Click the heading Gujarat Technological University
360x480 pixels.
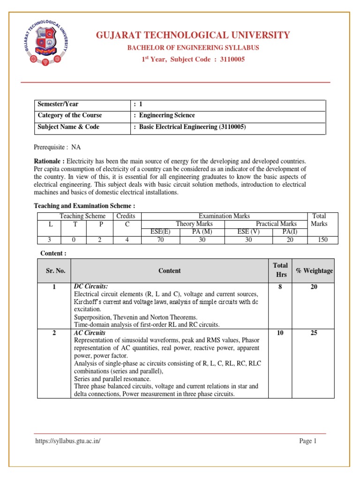[193, 35]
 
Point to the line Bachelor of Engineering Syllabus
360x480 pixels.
[193, 48]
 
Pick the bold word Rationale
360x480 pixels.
[49, 161]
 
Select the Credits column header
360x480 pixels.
[126, 216]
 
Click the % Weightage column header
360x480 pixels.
[314, 271]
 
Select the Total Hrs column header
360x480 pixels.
[280, 270]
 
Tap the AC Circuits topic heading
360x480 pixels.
[90, 333]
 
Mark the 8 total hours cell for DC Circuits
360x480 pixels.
[280, 287]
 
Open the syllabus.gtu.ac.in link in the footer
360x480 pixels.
[68, 441]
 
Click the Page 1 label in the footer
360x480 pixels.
[308, 441]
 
